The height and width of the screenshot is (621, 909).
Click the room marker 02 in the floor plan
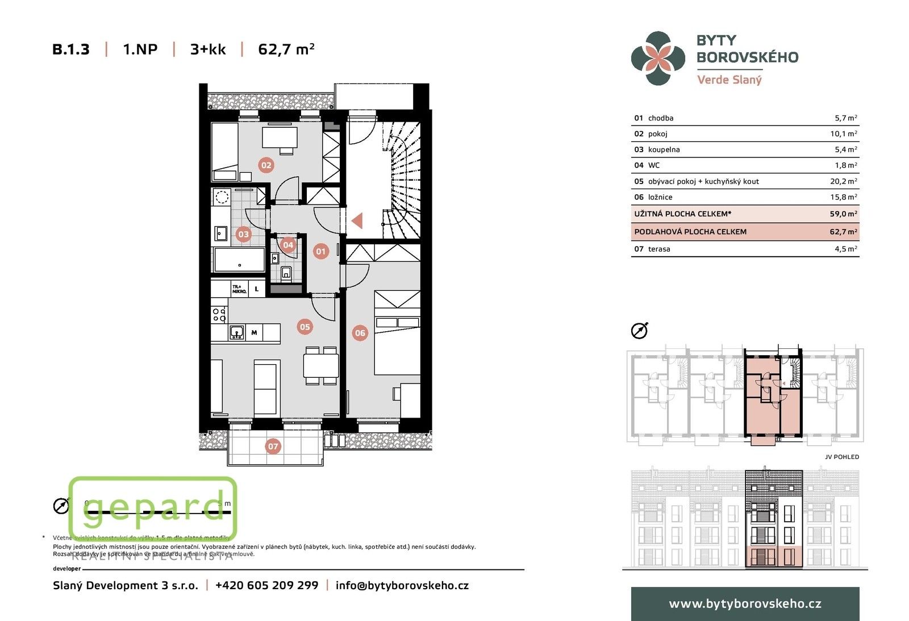tap(266, 165)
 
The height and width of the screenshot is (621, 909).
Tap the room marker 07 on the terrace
tap(273, 446)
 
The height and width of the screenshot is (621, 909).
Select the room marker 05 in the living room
tap(305, 327)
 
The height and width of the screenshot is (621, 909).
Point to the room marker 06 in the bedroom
tap(360, 333)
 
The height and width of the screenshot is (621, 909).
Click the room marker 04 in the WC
tap(288, 245)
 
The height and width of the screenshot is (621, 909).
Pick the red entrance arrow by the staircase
tap(357, 220)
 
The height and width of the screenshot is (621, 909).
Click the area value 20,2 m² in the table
tap(843, 181)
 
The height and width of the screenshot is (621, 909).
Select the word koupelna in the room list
tap(664, 149)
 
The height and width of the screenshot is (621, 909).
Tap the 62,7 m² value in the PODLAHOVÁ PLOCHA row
tap(843, 232)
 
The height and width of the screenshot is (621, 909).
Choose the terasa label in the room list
tap(659, 249)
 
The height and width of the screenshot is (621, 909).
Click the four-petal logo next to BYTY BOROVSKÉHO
tap(658, 58)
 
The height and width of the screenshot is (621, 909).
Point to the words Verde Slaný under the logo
tap(729, 80)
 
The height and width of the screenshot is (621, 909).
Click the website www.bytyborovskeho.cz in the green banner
tap(745, 603)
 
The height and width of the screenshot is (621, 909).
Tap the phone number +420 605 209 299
tap(266, 585)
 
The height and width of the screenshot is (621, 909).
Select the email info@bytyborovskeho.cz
tap(402, 585)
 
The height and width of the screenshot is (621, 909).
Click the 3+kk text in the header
tap(208, 49)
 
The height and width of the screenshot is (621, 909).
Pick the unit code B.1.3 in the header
tap(71, 49)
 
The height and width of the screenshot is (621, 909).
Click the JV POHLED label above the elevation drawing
tap(841, 457)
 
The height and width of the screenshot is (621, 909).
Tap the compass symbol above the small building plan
tap(639, 331)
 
